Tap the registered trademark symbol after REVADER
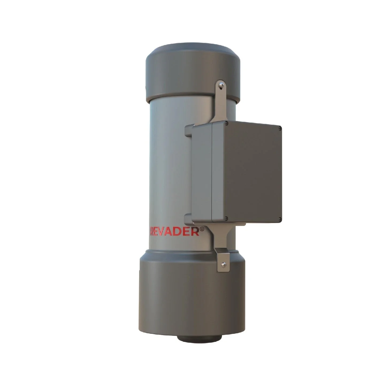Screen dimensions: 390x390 click(x=202, y=229)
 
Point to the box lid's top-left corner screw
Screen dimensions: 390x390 click(x=226, y=123)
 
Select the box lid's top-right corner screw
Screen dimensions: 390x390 click(x=280, y=129)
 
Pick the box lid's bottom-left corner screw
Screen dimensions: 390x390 click(x=226, y=218)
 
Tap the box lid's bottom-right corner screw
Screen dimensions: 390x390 click(x=280, y=219)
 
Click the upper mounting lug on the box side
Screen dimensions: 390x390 click(x=188, y=131)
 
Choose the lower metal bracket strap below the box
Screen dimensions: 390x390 click(x=221, y=235)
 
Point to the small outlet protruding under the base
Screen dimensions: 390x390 click(x=199, y=338)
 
